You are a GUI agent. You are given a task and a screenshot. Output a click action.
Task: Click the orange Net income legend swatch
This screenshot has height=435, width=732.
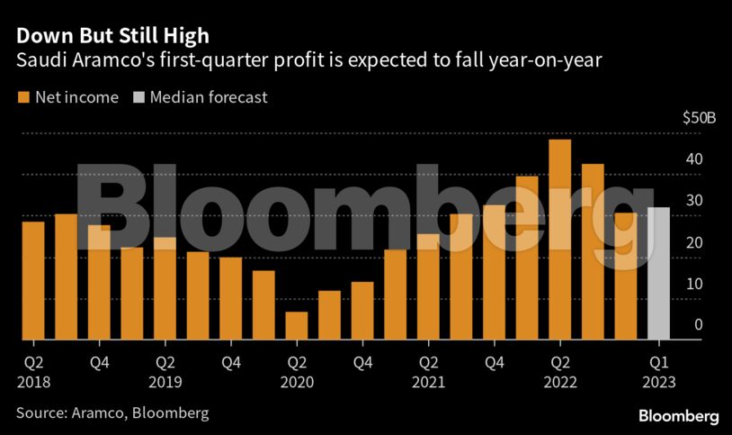coord(22,97)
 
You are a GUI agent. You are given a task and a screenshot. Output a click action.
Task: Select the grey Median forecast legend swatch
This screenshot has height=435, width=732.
coord(138,97)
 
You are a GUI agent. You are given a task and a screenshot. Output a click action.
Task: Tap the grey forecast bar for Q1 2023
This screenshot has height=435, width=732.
coord(658,274)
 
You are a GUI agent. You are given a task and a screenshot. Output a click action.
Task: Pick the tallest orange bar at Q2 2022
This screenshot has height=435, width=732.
coord(559,240)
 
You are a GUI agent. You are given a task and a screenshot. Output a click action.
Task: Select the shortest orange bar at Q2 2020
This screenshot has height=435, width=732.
coord(297,326)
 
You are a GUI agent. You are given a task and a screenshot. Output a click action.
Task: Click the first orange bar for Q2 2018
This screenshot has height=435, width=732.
coord(33,280)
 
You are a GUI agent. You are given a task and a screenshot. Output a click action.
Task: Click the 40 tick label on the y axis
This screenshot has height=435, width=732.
coord(692,159)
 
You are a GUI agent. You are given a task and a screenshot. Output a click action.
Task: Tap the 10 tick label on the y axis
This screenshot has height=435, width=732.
coord(692,284)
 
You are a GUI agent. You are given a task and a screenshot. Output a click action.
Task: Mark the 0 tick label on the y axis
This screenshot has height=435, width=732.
coord(697,325)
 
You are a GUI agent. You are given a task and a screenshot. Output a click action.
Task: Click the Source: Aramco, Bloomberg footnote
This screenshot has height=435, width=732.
coord(112,412)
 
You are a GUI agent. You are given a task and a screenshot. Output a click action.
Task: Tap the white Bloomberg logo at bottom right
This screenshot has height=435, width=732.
coord(679,416)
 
